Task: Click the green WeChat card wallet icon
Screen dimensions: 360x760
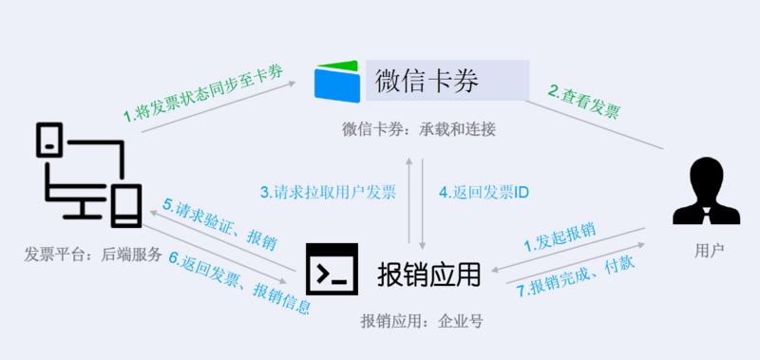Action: click(x=339, y=79)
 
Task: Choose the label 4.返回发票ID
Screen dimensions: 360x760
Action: click(x=484, y=192)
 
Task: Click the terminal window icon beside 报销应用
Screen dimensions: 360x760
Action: click(x=332, y=269)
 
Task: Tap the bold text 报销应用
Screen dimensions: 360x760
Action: click(x=429, y=273)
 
